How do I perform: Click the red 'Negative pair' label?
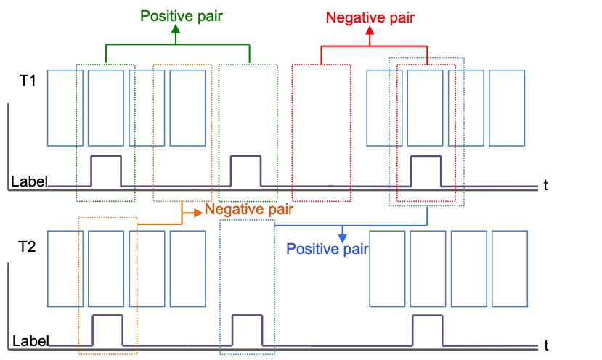(370, 17)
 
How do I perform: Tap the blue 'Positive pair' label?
(328, 249)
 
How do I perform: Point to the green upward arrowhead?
(175, 30)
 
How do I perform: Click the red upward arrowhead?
(370, 31)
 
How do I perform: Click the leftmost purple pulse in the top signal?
(105, 171)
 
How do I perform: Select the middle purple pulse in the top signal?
(245, 171)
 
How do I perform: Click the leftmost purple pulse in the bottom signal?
(107, 330)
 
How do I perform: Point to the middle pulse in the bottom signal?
(246, 330)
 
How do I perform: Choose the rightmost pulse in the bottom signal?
(427, 330)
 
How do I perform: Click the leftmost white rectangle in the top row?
(65, 107)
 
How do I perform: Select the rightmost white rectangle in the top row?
(507, 107)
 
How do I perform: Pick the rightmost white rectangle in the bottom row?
(510, 269)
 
